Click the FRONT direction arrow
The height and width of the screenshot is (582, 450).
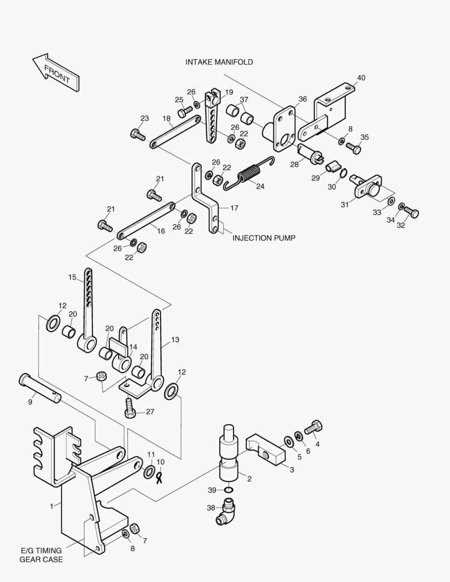[x=56, y=72]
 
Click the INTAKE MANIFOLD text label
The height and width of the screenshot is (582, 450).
[x=219, y=62]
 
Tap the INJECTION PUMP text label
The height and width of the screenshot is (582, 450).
[x=264, y=238]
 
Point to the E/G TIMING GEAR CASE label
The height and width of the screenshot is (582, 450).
[x=41, y=555]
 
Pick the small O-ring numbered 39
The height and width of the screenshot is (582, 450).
[x=229, y=490]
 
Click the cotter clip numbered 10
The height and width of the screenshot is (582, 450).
[x=160, y=477]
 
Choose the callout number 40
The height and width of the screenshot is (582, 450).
[x=361, y=78]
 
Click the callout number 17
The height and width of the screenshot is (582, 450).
[x=233, y=208]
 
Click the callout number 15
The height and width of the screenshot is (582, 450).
[x=72, y=278]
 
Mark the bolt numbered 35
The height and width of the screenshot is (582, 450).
[x=352, y=146]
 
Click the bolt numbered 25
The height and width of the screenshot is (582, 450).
[x=185, y=112]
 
